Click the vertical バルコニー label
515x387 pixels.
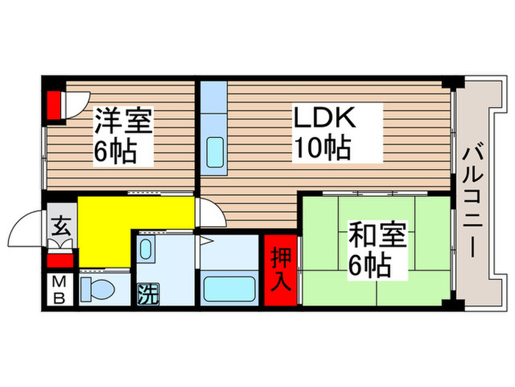pyautogui.click(x=472, y=200)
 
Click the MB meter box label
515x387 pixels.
pyautogui.click(x=60, y=290)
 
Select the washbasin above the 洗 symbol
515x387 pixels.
pyautogui.click(x=146, y=250)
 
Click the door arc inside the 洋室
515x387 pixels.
pyautogui.click(x=77, y=103)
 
